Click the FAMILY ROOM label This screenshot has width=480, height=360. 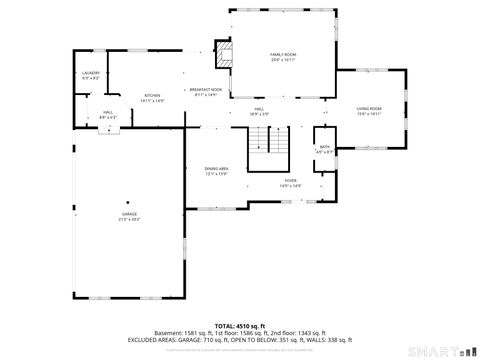(281, 54)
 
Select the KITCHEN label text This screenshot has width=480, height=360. (152, 95)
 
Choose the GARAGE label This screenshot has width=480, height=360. (129, 213)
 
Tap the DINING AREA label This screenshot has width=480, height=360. (217, 169)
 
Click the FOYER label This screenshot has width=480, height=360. (290, 179)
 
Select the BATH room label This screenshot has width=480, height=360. (325, 146)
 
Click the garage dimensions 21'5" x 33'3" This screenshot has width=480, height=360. (129, 219)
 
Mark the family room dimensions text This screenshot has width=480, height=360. (281, 60)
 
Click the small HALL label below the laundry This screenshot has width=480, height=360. (107, 112)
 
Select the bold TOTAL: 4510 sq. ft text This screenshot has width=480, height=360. (239, 325)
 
